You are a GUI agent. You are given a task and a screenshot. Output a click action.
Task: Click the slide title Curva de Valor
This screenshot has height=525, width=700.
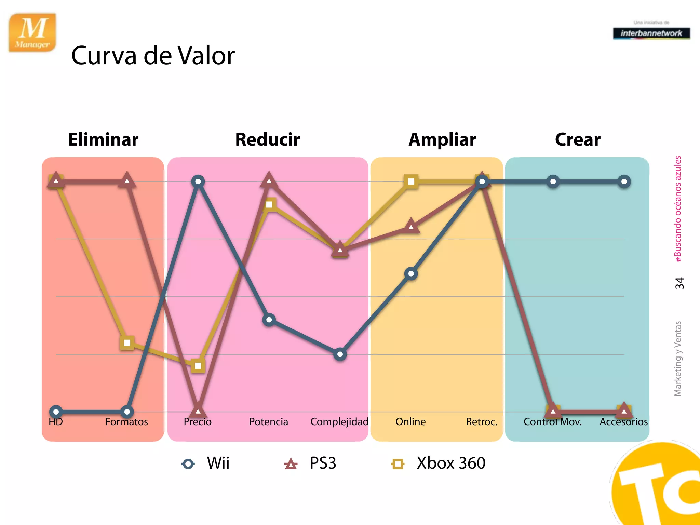coord(153,55)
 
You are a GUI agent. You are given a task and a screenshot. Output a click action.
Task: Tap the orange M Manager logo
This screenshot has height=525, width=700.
coord(32,32)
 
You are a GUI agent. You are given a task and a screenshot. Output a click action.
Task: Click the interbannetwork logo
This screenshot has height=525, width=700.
coord(651,33)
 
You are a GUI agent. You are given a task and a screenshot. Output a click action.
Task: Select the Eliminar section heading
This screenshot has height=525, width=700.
coord(103,139)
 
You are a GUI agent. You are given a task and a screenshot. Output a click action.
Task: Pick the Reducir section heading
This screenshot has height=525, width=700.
coord(267,139)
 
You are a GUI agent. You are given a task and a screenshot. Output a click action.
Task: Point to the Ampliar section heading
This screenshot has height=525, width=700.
coord(442,139)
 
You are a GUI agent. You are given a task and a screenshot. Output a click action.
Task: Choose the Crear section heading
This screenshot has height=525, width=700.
coord(578,139)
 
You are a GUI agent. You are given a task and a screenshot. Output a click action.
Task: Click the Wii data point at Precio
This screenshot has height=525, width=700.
coord(198,181)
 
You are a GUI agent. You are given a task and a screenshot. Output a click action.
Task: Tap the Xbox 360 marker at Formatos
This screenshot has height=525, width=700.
coord(127,342)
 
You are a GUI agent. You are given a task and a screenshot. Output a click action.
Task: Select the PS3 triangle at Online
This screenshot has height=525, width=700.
coord(411,226)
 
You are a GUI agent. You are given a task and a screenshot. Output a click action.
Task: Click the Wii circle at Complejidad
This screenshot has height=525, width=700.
coord(340,354)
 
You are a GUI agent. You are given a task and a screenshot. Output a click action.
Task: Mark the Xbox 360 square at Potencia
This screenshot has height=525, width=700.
coord(269,204)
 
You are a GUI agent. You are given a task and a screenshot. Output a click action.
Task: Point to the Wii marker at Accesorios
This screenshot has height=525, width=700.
coord(624,181)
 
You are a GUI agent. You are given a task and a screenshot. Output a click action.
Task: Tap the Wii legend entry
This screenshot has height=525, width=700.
coord(206,463)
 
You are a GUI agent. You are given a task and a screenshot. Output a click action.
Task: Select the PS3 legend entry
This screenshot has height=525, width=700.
coord(310,463)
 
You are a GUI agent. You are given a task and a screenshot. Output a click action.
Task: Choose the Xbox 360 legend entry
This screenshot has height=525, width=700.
coord(439,463)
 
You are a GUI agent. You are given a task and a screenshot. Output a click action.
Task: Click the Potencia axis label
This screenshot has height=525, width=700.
coord(268,422)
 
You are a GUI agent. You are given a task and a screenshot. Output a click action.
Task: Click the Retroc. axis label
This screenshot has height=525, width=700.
coord(482,422)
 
